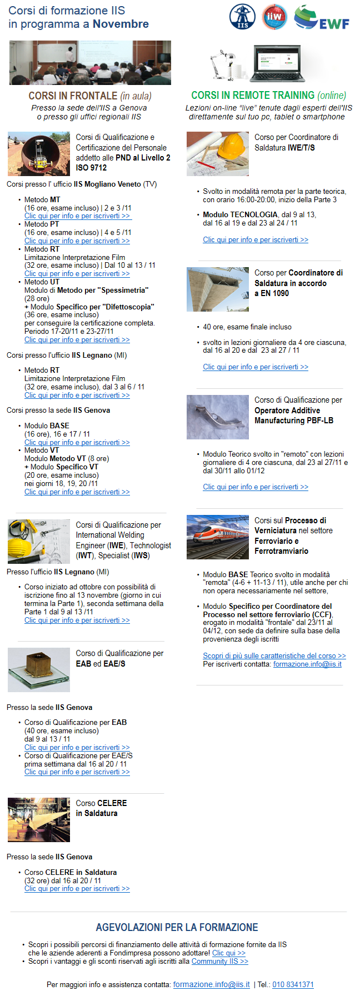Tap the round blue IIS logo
[243, 17]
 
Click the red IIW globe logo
[274, 17]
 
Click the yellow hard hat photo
[218, 154]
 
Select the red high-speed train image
[218, 537]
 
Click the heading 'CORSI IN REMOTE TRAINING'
[253, 96]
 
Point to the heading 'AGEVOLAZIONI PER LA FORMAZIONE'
[177, 927]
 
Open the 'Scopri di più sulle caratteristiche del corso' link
[274, 655]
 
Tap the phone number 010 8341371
[293, 984]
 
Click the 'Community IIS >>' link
[220, 961]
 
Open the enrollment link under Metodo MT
[77, 216]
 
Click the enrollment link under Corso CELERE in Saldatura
[77, 888]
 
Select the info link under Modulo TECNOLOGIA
[256, 239]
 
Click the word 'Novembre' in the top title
[121, 24]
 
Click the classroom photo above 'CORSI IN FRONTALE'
[90, 62]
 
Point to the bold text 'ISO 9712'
[92, 167]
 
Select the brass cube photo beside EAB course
[39, 669]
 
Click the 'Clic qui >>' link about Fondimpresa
[229, 953]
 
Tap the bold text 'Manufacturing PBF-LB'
[294, 421]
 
